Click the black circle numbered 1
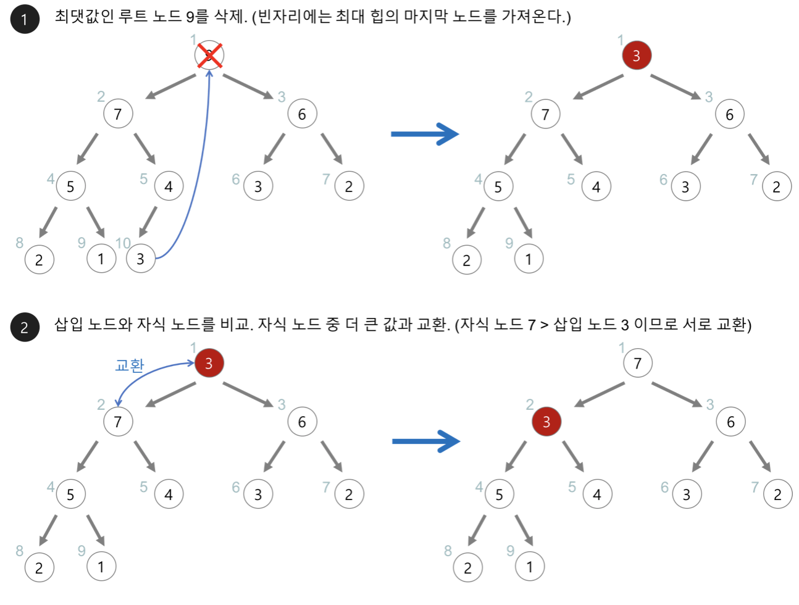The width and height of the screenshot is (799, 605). tap(25, 19)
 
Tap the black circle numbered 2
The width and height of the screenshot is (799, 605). tap(25, 327)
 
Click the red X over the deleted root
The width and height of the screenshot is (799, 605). tap(209, 56)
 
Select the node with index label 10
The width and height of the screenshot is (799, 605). tap(141, 259)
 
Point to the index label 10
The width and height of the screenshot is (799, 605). tap(123, 243)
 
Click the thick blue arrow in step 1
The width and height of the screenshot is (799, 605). tap(425, 134)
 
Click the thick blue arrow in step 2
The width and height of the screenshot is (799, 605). tap(426, 441)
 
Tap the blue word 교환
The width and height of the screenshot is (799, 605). tap(130, 365)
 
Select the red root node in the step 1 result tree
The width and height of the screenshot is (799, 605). tap(637, 56)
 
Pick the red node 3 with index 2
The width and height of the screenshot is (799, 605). tap(546, 422)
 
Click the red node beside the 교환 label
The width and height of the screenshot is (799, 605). tap(209, 363)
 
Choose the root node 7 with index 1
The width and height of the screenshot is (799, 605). tap(638, 363)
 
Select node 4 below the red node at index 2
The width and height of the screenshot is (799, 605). tap(596, 494)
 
